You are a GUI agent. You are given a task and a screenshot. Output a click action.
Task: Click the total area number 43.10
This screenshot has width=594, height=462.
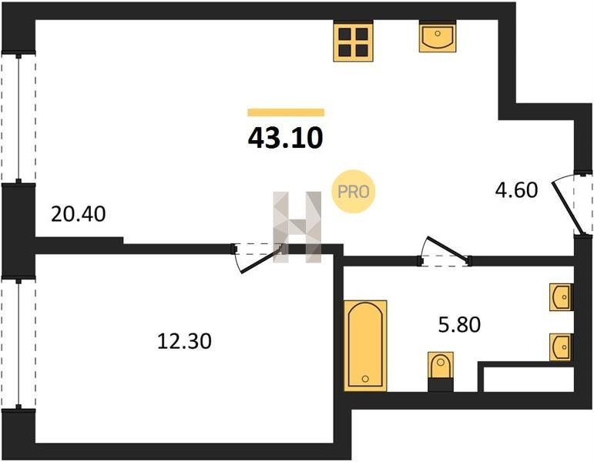point(285,138)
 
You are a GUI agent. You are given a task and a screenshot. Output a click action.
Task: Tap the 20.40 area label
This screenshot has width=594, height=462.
point(78,214)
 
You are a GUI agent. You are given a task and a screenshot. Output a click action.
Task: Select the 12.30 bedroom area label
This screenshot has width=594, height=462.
point(184,341)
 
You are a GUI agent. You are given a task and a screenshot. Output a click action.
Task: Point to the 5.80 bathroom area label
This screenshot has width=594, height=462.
point(459,324)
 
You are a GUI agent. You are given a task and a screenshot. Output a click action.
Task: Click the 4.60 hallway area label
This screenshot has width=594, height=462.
point(516,189)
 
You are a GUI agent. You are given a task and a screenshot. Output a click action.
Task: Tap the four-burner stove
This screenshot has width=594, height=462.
point(353,41)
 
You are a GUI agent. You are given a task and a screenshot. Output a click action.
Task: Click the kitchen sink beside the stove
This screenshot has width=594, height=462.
point(438,36)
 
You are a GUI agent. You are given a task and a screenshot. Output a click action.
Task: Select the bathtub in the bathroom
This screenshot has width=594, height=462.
point(365,346)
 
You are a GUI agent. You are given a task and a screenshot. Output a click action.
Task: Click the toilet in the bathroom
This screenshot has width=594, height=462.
point(441,371)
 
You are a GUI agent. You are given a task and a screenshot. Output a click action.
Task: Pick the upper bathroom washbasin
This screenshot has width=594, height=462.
point(562,297)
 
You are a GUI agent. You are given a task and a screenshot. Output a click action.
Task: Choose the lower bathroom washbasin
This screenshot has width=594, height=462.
point(562,346)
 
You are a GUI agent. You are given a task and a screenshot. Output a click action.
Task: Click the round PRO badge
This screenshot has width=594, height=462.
point(353,191)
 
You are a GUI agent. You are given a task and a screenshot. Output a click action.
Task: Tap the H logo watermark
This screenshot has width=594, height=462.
point(297,227)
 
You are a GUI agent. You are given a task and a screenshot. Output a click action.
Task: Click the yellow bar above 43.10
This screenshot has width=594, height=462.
point(286,112)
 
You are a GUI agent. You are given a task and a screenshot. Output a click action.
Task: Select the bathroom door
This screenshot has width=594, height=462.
point(445,252)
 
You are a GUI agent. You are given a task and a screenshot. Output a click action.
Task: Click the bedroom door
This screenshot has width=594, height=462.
point(257,257)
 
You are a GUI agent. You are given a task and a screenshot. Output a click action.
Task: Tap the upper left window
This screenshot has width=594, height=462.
point(18,118)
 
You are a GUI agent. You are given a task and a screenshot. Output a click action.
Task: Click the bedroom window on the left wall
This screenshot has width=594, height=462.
point(18,344)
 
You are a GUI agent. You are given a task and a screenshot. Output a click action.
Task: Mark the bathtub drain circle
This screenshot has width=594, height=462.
point(365,379)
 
